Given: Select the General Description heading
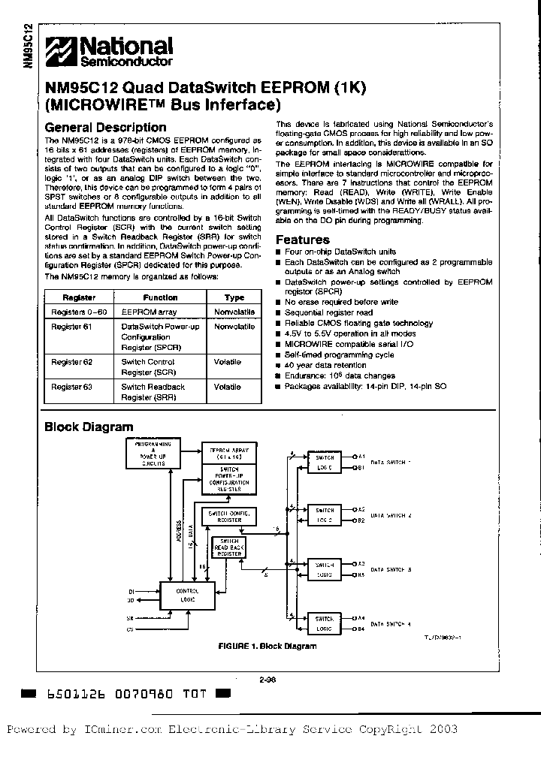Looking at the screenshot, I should pyautogui.click(x=105, y=128).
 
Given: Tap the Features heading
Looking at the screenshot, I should pyautogui.click(x=303, y=240).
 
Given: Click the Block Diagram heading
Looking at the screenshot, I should pyautogui.click(x=89, y=427).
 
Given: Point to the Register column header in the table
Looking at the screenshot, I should pyautogui.click(x=67, y=297).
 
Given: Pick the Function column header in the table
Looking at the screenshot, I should pyautogui.click(x=160, y=297).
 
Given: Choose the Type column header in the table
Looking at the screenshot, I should pyautogui.click(x=234, y=297).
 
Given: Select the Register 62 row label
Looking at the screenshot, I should pyautogui.click(x=72, y=362).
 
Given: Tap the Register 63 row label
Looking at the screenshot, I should pyautogui.click(x=72, y=387).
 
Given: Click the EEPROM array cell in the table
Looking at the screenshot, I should pyautogui.click(x=149, y=312).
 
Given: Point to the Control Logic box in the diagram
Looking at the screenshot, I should pyautogui.click(x=186, y=595).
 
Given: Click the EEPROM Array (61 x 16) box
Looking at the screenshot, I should pyautogui.click(x=228, y=454).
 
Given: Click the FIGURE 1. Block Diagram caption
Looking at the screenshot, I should pyautogui.click(x=267, y=646).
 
